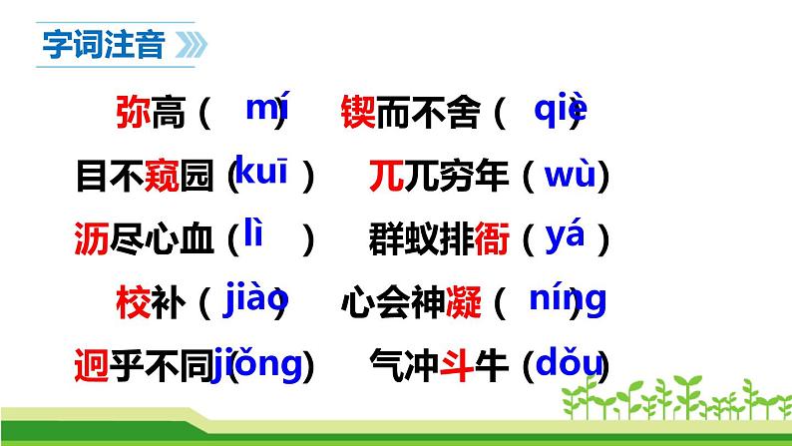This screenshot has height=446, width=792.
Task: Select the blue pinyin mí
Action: (266, 109)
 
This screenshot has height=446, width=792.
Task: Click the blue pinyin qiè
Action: (560, 109)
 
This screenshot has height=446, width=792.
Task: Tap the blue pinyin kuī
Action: (264, 174)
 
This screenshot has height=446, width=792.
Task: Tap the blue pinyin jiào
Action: (256, 297)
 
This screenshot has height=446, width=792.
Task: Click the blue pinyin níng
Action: (567, 298)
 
